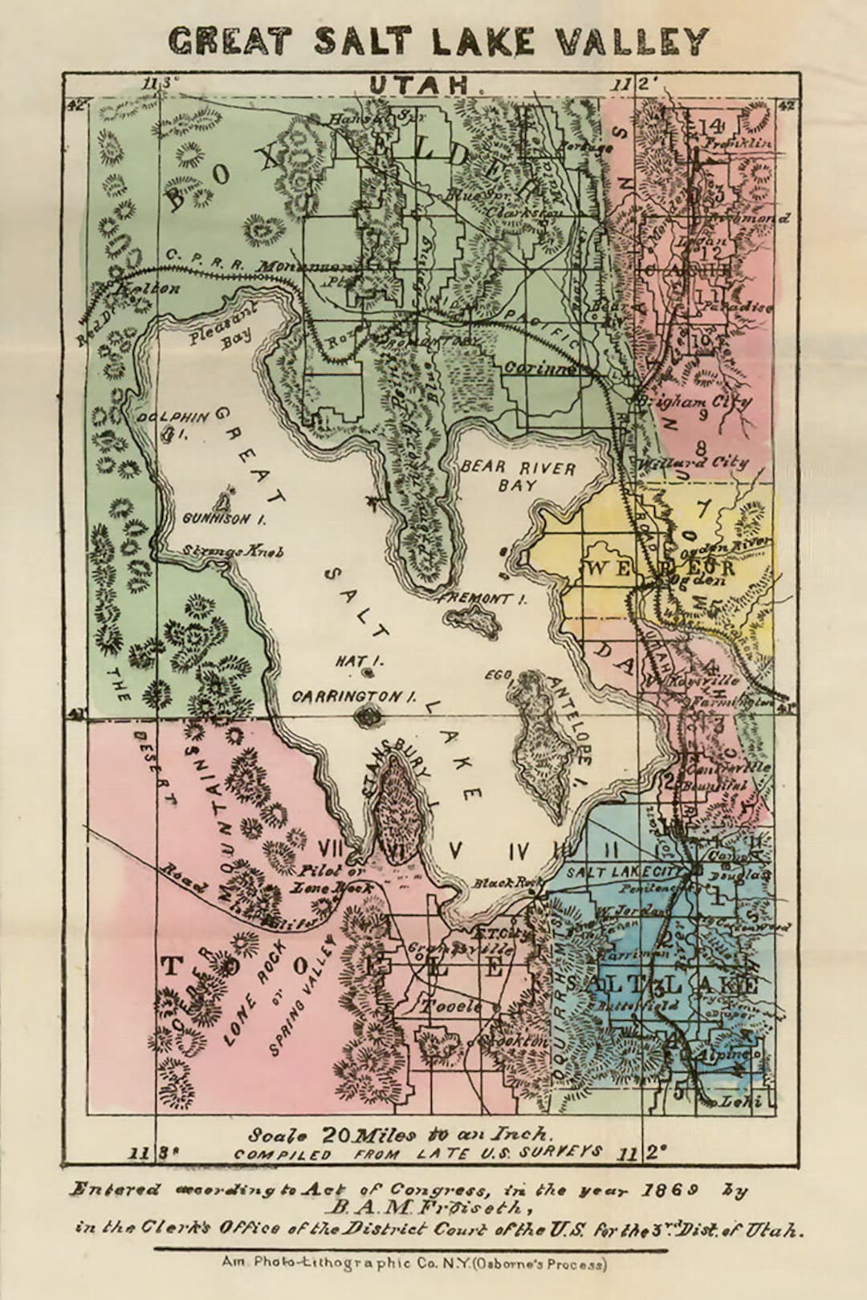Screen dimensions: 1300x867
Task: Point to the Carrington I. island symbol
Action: pyautogui.click(x=369, y=716)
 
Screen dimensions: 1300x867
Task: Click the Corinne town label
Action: pyautogui.click(x=539, y=368)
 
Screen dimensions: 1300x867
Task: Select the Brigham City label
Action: pyautogui.click(x=694, y=400)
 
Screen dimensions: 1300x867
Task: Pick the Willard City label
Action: pyautogui.click(x=692, y=462)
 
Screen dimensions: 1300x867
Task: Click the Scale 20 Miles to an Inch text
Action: pyautogui.click(x=399, y=1135)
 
